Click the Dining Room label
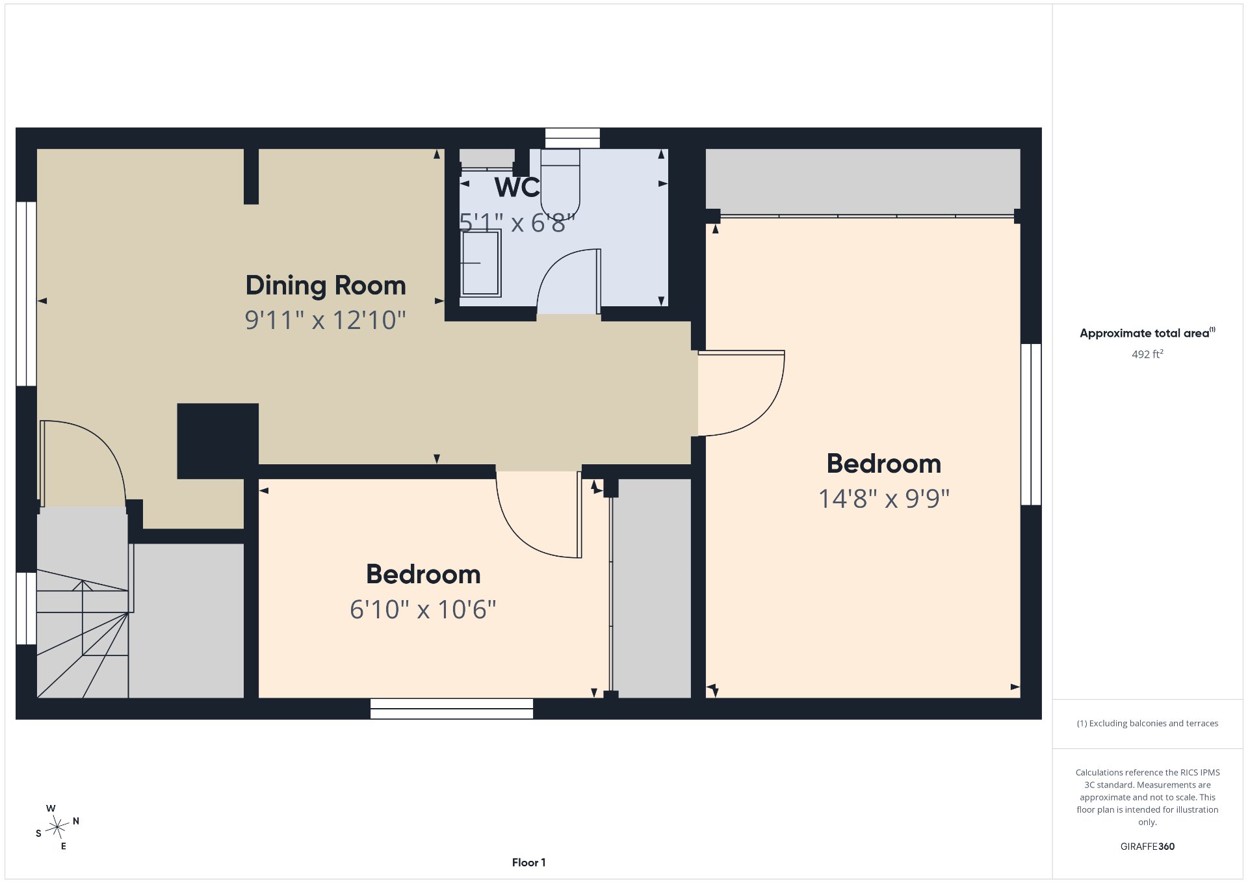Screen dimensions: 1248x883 [x=326, y=286]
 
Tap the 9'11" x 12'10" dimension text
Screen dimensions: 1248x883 [x=326, y=320]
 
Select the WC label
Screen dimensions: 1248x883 [x=517, y=187]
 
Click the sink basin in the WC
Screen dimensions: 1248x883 [x=480, y=263]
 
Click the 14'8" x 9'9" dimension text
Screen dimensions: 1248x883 [x=884, y=499]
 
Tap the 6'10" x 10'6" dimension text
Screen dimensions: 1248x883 [x=423, y=609]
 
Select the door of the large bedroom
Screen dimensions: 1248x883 [x=742, y=393]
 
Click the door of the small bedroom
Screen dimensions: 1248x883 [x=539, y=514]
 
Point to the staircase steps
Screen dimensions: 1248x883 [x=83, y=633]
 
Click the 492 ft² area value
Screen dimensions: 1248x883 [x=1147, y=354]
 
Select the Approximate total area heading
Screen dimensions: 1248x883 [x=1147, y=333]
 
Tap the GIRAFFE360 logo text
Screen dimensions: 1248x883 [x=1147, y=847]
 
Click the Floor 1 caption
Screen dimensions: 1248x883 [x=528, y=863]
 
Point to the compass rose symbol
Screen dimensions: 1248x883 [x=58, y=827]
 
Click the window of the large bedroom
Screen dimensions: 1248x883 [x=1031, y=425]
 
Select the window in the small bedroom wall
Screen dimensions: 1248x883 [x=452, y=709]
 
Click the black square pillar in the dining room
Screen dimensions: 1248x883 [x=218, y=441]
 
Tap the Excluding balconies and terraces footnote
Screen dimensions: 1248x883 [x=1147, y=724]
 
